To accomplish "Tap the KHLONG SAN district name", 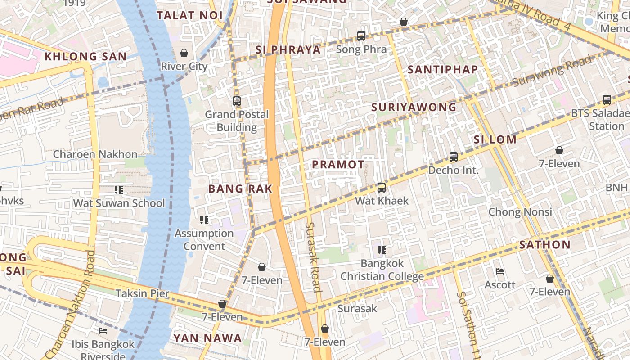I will [x=85, y=57].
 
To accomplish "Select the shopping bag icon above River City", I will [x=184, y=53].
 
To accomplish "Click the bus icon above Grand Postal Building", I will [x=237, y=101].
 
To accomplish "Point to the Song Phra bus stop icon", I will [x=361, y=36].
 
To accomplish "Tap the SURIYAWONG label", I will [x=414, y=107].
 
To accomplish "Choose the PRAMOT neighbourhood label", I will [x=338, y=165].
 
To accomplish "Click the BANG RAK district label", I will [x=240, y=189].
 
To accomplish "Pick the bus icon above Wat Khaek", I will [x=382, y=187].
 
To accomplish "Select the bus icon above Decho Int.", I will [x=454, y=157].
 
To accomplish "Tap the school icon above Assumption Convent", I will [x=204, y=220].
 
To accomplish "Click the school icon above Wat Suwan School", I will [x=119, y=190].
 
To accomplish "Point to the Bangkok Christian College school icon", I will [x=382, y=250].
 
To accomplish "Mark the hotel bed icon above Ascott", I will [x=499, y=271].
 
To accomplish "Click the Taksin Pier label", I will [x=143, y=293].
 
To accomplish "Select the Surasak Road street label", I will [x=314, y=257].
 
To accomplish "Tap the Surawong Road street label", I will [x=553, y=71].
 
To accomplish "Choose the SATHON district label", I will [x=544, y=245].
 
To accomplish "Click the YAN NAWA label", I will [x=207, y=338].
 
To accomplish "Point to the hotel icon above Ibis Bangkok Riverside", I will [x=103, y=331].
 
